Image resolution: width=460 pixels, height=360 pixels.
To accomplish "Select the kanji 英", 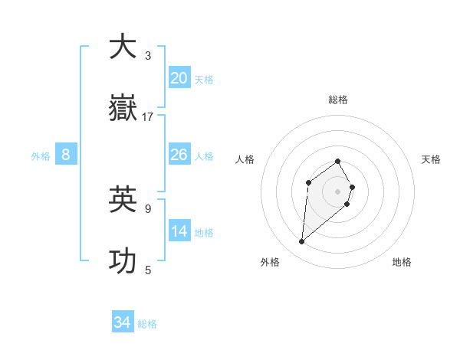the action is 123,199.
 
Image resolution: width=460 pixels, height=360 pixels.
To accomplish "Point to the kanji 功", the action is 123,261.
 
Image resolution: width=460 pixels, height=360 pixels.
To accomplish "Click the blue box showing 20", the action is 179,77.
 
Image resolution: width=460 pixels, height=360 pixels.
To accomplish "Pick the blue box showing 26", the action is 179,155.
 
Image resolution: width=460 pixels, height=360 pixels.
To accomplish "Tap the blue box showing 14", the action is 179,231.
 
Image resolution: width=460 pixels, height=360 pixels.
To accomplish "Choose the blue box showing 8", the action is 66,155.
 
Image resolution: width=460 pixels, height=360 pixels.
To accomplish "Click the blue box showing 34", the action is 123,322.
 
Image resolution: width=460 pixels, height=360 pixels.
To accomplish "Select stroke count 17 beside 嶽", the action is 148,117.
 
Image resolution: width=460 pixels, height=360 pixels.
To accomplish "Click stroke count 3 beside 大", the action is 148,55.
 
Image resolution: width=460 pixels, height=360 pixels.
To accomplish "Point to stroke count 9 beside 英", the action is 148,208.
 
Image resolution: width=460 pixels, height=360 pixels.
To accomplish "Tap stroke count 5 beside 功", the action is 148,270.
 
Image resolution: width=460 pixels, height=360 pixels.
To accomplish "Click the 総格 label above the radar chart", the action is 338,100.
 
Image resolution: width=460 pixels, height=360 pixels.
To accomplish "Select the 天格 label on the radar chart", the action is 431,159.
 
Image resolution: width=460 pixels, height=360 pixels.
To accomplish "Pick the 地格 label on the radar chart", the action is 402,262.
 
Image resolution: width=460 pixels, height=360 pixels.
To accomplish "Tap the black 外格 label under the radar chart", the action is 270,262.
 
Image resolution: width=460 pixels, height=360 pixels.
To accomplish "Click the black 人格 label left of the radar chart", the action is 245,159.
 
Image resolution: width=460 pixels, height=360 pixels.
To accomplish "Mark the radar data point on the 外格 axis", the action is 302,242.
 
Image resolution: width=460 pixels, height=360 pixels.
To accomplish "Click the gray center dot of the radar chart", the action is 338,191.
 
